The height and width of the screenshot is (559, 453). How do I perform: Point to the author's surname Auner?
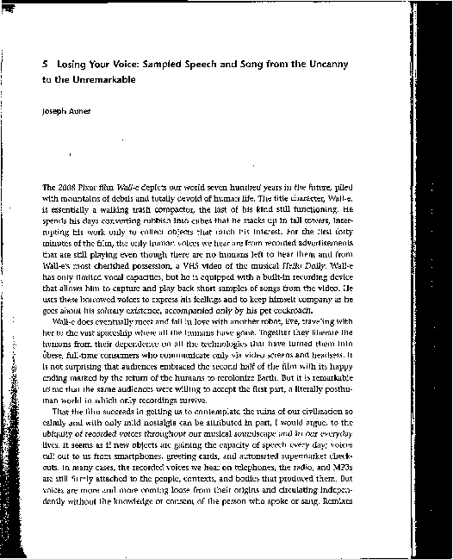[74, 111]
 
